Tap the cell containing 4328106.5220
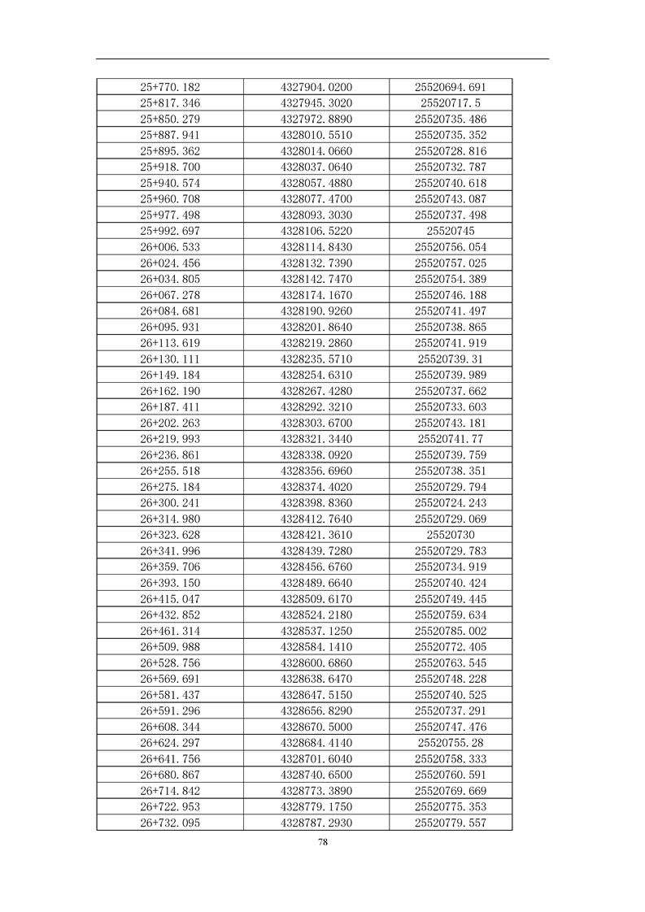316,231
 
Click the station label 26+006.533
170,247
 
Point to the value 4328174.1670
316,295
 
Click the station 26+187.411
170,407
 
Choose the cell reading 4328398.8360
316,503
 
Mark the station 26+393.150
170,583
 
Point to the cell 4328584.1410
316,647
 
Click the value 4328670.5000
316,727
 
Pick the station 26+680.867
170,775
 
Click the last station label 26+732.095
170,823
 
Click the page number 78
323,843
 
